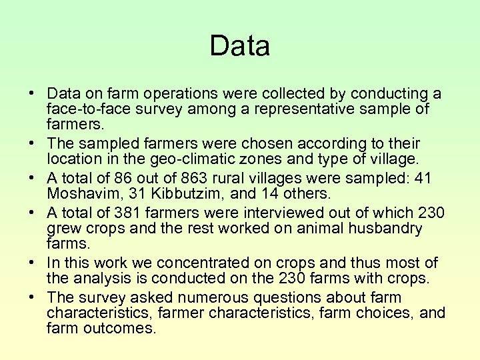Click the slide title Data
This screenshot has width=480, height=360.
click(x=239, y=46)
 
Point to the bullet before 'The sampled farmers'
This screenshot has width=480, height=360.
click(x=32, y=145)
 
